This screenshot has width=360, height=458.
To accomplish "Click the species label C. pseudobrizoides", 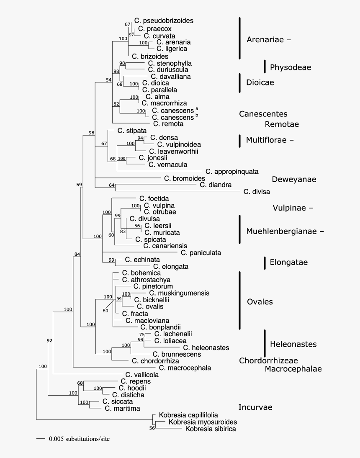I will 159,20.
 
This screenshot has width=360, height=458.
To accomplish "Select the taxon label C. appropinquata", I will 232,171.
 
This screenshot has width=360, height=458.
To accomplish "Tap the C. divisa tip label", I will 257,192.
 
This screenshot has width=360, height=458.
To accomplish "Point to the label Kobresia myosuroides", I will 203,422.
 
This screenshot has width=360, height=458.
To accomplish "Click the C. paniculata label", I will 201,252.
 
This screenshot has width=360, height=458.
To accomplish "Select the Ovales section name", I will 260,302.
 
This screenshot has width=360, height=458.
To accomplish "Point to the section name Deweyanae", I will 294,180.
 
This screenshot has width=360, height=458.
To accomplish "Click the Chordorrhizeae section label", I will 268,360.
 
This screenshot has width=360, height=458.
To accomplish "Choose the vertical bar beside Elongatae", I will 265,262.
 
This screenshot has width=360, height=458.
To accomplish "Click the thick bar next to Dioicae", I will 240,82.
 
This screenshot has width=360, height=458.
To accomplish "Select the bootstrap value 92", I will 50,340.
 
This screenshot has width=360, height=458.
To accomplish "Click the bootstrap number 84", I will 77,254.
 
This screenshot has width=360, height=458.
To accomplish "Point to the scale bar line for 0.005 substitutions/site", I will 40,439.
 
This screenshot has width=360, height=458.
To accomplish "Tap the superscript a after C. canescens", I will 197,108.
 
